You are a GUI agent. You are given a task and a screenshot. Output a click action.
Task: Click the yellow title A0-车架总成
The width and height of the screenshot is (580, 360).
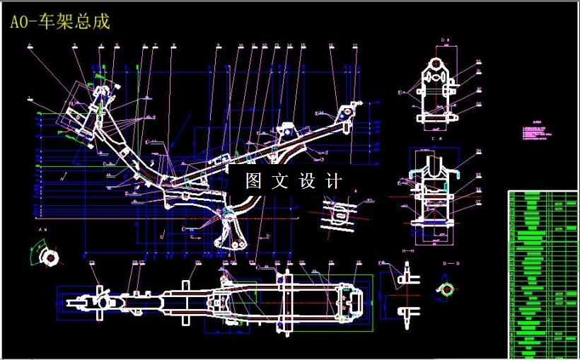click(x=60, y=21)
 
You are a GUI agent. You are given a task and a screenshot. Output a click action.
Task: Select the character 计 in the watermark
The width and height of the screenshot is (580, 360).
click(x=335, y=181)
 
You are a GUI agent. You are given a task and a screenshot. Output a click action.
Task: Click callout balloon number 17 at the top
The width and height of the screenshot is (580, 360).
click(x=355, y=47)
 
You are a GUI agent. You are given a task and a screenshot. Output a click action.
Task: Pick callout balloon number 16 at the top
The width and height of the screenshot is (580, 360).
click(x=331, y=46)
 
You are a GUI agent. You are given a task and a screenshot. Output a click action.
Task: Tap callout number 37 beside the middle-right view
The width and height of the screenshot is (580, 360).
click(x=478, y=202)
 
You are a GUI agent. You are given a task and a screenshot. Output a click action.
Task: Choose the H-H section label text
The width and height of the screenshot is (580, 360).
click(x=408, y=251)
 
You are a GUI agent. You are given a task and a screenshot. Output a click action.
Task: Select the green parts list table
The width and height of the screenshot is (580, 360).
click(x=543, y=274)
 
